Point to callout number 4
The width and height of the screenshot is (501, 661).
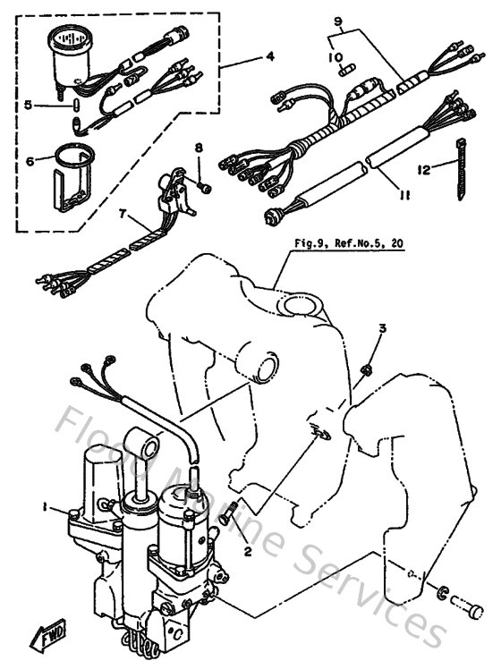269,57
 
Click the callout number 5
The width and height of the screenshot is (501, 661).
29,104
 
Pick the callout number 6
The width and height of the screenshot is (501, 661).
29,162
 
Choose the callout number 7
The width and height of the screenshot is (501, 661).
123,215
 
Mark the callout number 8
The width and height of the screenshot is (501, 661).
200,147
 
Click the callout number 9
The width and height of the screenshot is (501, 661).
338,21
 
